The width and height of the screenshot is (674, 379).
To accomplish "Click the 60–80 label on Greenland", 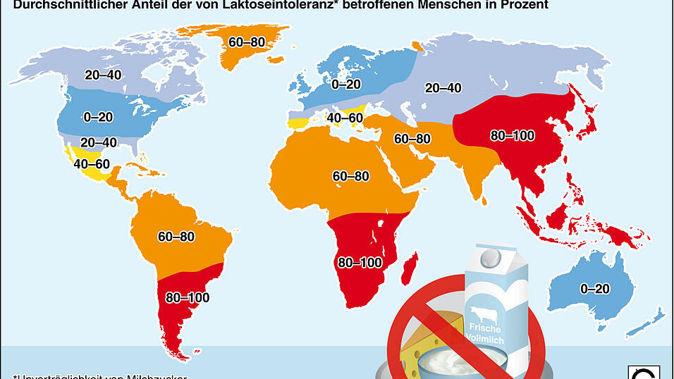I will pos(247,42).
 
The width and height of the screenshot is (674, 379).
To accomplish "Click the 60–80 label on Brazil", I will pos(176,237).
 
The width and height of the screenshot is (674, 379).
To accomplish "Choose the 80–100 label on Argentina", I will pos(188,297).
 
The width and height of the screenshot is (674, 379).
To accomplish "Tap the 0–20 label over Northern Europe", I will pos(346,85).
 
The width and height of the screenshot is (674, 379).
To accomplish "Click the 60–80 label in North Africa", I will pos(350,176).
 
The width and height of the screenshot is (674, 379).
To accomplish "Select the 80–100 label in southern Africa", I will pos(360,263).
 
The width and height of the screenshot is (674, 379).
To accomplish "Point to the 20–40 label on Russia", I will pos(443,88).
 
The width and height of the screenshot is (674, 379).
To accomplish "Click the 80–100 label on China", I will pos(513,135).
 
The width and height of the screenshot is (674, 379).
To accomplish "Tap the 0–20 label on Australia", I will pos(595,288).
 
